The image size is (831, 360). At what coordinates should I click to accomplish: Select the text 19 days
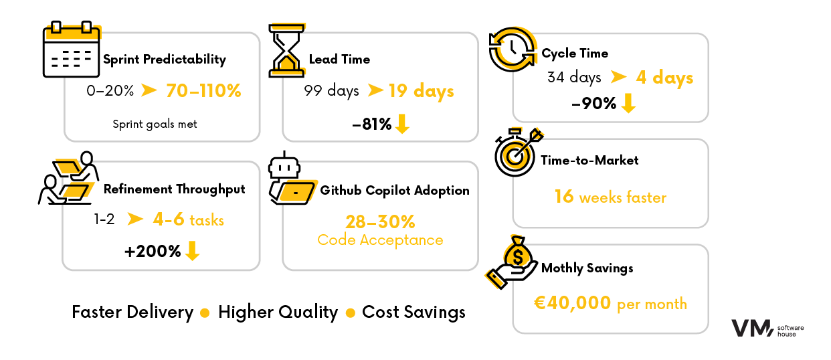[x=421, y=90]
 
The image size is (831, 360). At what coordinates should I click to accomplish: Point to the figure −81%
[x=371, y=124]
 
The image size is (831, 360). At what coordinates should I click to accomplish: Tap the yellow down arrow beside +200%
[x=193, y=251]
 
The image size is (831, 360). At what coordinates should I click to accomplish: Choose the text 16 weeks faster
[x=610, y=197]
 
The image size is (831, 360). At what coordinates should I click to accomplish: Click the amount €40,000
[x=572, y=303]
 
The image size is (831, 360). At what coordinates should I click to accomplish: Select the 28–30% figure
[x=380, y=221]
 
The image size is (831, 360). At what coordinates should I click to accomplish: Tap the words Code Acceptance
[x=380, y=240]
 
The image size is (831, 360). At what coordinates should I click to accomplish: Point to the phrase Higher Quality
[x=278, y=312]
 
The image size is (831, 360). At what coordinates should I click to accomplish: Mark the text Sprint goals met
[x=155, y=124]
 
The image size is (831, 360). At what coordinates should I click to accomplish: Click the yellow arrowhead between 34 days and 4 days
[x=618, y=78]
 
